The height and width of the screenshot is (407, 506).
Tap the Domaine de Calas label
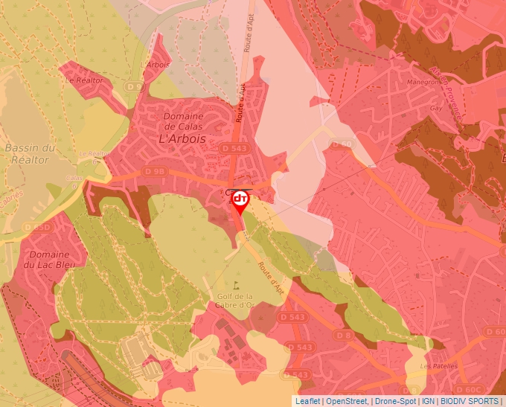pyautogui.click(x=184, y=121)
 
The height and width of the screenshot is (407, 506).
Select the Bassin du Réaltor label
pyautogui.click(x=30, y=153)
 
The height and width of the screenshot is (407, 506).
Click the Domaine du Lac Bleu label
pyautogui.click(x=51, y=259)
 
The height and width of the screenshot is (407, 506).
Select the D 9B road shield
pyautogui.click(x=155, y=172)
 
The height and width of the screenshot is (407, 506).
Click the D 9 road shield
pyautogui.click(x=135, y=87)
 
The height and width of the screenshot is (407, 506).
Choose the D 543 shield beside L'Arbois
pyautogui.click(x=234, y=149)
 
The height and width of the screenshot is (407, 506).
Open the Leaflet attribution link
pyautogui.click(x=307, y=401)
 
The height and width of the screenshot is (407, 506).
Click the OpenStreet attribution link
pyautogui.click(x=347, y=401)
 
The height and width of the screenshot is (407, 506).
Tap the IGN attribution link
pyautogui.click(x=429, y=401)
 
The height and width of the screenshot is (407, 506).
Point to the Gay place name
pyautogui.click(x=436, y=108)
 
